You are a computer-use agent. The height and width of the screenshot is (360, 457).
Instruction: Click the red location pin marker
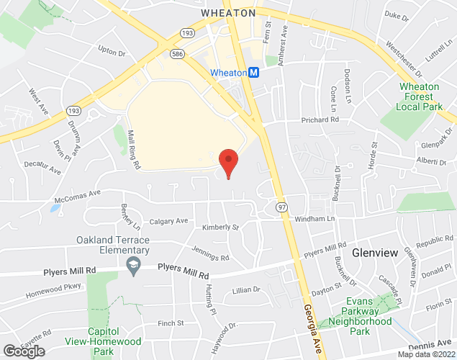[x=228, y=162]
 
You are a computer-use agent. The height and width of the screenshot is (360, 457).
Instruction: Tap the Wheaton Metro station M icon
[x=254, y=73]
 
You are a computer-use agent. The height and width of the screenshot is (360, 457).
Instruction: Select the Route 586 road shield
[x=176, y=54]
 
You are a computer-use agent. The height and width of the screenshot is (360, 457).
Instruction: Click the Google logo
[x=23, y=351]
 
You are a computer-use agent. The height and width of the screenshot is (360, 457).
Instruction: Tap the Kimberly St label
[x=220, y=227]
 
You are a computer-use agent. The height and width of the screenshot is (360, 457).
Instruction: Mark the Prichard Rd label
[x=320, y=120]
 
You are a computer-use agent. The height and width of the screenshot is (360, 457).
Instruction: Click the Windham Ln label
[x=315, y=218]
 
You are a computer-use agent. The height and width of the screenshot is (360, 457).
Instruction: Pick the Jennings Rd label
[x=211, y=253]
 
